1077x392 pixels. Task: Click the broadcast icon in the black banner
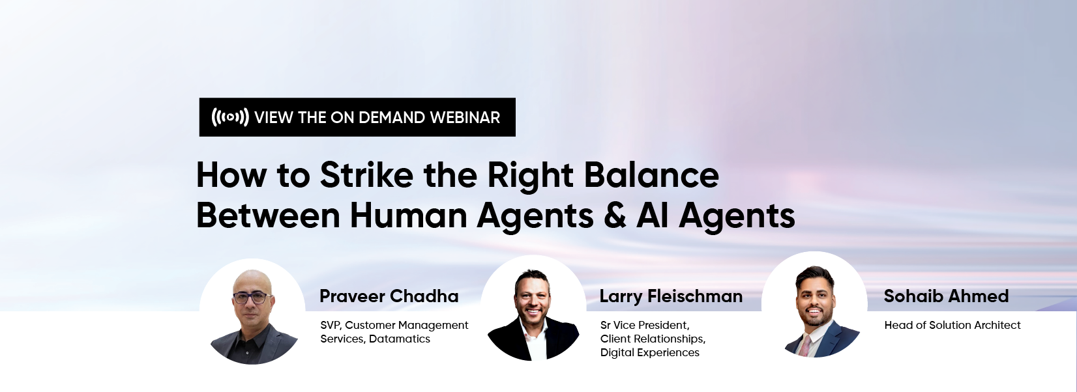[x=230, y=117]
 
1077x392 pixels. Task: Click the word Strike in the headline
[x=366, y=175]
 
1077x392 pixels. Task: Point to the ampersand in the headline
[x=615, y=216]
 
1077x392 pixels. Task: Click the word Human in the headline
[x=409, y=216]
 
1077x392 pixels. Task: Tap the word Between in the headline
[x=269, y=216]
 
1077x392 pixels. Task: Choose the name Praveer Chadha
[x=389, y=296]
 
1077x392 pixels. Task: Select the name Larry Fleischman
[x=671, y=296]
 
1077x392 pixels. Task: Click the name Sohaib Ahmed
[x=946, y=296]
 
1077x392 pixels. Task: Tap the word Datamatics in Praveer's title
[x=400, y=339]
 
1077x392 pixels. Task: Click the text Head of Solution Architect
[x=952, y=325]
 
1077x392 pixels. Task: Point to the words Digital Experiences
[x=649, y=353]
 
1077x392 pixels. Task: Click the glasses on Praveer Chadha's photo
[x=252, y=298]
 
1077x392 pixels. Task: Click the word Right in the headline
[x=530, y=176]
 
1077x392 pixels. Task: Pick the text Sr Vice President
[x=645, y=326]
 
